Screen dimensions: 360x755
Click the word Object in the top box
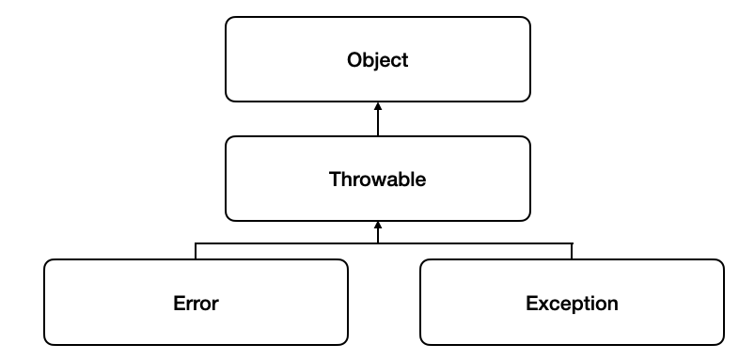tap(377, 60)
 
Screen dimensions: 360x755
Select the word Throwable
tap(377, 179)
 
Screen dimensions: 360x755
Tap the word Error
tap(196, 303)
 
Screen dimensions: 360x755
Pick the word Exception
tap(572, 303)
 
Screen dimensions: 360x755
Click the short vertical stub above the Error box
tap(196, 250)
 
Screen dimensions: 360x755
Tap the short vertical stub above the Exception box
tap(572, 250)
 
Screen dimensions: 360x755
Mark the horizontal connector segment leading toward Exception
tap(475, 243)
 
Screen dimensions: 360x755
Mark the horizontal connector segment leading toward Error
tap(287, 243)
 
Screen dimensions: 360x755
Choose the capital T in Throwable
tap(334, 179)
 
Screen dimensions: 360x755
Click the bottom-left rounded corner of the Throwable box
tap(229, 217)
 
